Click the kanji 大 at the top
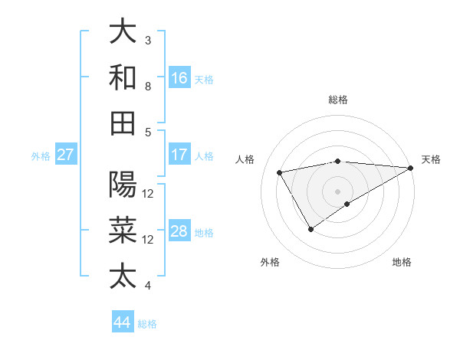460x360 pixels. (x=123, y=31)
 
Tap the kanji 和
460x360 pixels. (x=123, y=77)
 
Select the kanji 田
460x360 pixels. (x=123, y=123)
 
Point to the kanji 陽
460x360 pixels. (x=123, y=185)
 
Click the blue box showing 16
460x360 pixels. (x=179, y=77)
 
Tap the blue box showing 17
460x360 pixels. (x=179, y=155)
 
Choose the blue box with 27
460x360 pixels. (x=66, y=155)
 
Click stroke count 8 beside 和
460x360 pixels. (x=148, y=86)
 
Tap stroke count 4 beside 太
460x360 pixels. (x=148, y=286)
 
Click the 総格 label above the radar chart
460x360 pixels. (x=338, y=100)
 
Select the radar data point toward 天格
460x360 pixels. (x=412, y=168)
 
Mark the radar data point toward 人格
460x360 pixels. (x=280, y=172)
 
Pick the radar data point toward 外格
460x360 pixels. (x=310, y=228)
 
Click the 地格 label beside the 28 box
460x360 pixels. (x=204, y=233)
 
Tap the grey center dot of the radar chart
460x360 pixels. (x=338, y=191)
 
